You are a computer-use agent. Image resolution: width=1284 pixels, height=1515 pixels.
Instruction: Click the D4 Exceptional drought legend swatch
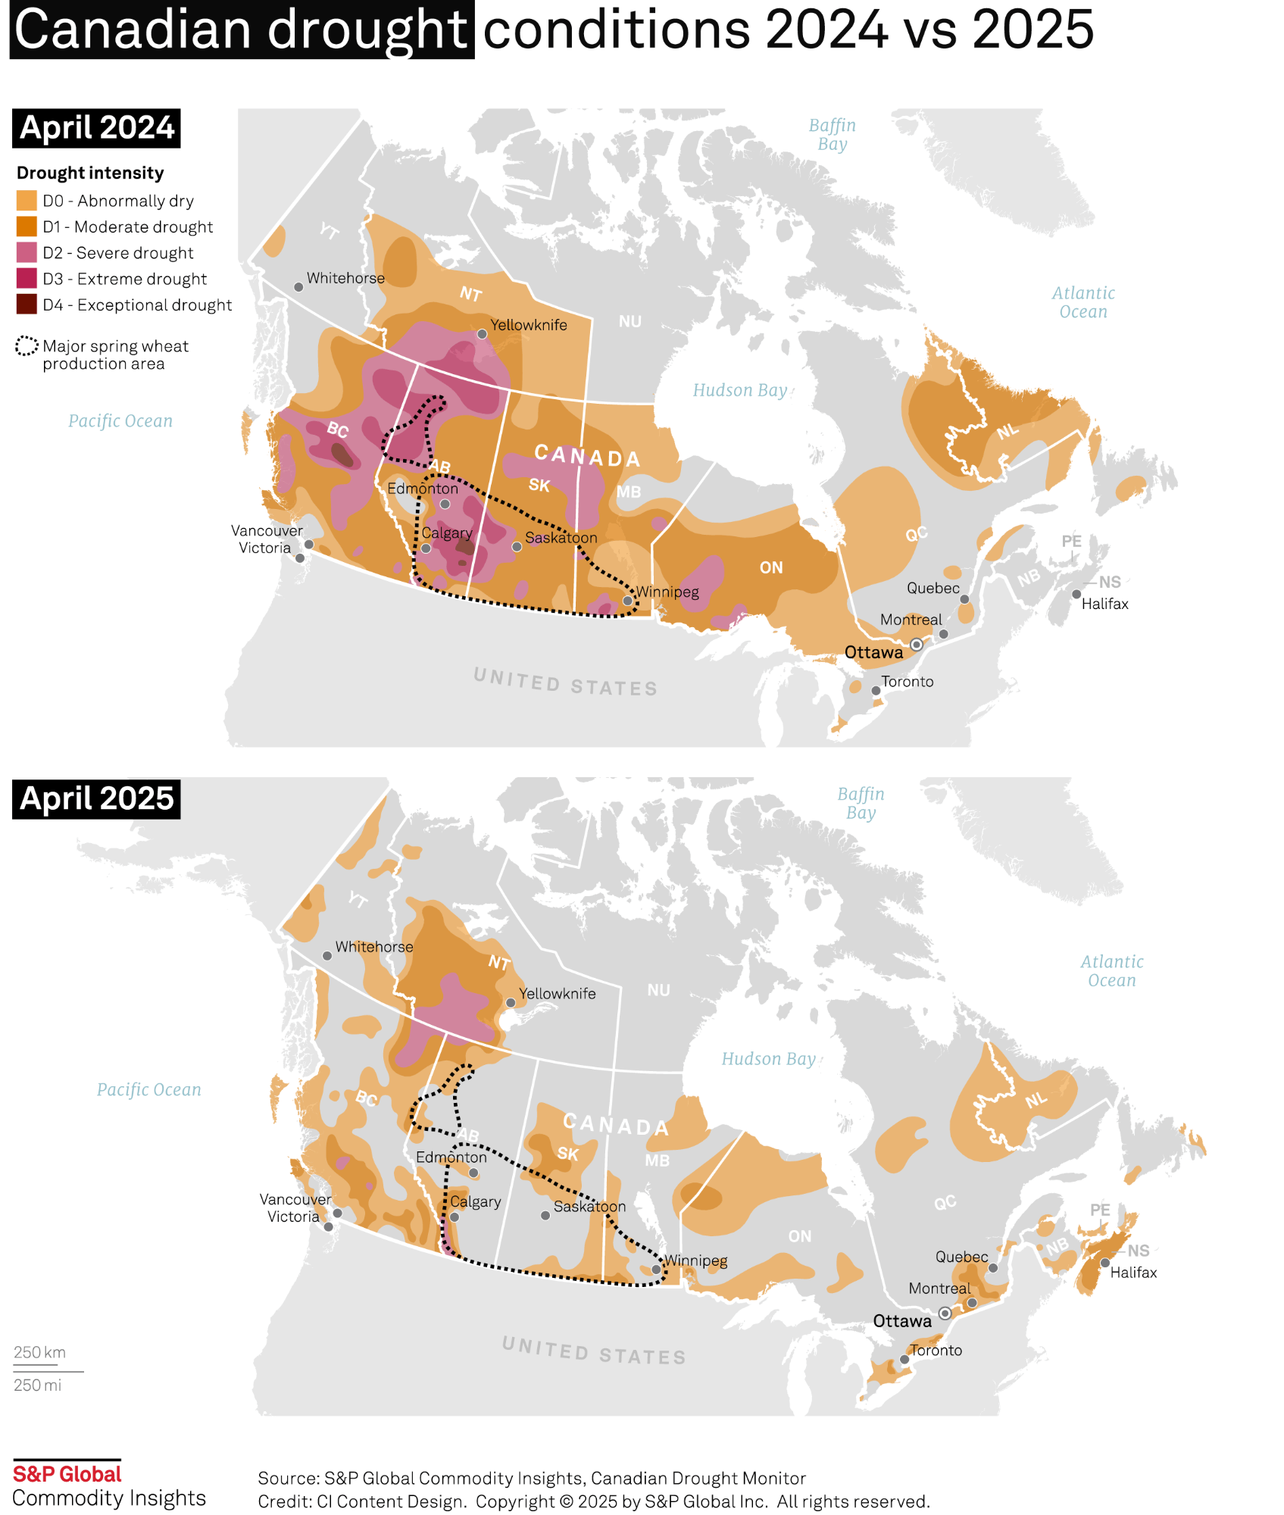coord(27,305)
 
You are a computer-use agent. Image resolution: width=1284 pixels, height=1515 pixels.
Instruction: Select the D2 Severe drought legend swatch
coord(27,252)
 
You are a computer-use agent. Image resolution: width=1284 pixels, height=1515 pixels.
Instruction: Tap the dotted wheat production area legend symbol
coord(27,346)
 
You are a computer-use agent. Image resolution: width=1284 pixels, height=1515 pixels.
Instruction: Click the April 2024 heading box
coord(96,128)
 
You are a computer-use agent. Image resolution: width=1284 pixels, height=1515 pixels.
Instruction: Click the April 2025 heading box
coord(96,798)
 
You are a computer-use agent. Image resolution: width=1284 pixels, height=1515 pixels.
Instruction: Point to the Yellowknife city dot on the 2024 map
coord(482,334)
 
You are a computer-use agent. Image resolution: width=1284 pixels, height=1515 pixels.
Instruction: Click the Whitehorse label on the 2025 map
coord(374,947)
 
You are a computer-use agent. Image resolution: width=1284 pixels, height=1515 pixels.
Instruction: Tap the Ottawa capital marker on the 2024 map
coord(917,645)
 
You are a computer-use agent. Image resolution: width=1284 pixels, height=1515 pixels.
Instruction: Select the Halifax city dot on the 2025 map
coord(1105,1263)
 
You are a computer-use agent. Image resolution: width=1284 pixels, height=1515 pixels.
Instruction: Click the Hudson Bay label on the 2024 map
coord(740,390)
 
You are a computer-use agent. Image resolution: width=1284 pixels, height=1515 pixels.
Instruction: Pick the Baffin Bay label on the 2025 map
coord(861,803)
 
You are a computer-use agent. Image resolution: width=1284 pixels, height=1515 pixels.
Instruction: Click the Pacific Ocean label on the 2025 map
coord(149,1089)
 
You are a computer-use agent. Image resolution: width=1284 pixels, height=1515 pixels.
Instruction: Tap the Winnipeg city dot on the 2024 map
coord(627,601)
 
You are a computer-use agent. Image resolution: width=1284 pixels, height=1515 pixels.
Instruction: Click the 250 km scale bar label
coord(39,1352)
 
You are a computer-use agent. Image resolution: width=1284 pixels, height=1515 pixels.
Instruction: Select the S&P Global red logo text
coord(67,1474)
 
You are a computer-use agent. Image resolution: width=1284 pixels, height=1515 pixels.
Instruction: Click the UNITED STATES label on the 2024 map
coord(565,682)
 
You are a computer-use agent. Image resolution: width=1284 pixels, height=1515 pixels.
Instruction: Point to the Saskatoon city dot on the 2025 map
coord(545,1216)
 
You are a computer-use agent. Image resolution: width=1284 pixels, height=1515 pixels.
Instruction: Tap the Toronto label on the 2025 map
coord(936,1350)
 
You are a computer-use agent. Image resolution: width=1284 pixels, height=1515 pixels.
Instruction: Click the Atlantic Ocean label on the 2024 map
coord(1083,302)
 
